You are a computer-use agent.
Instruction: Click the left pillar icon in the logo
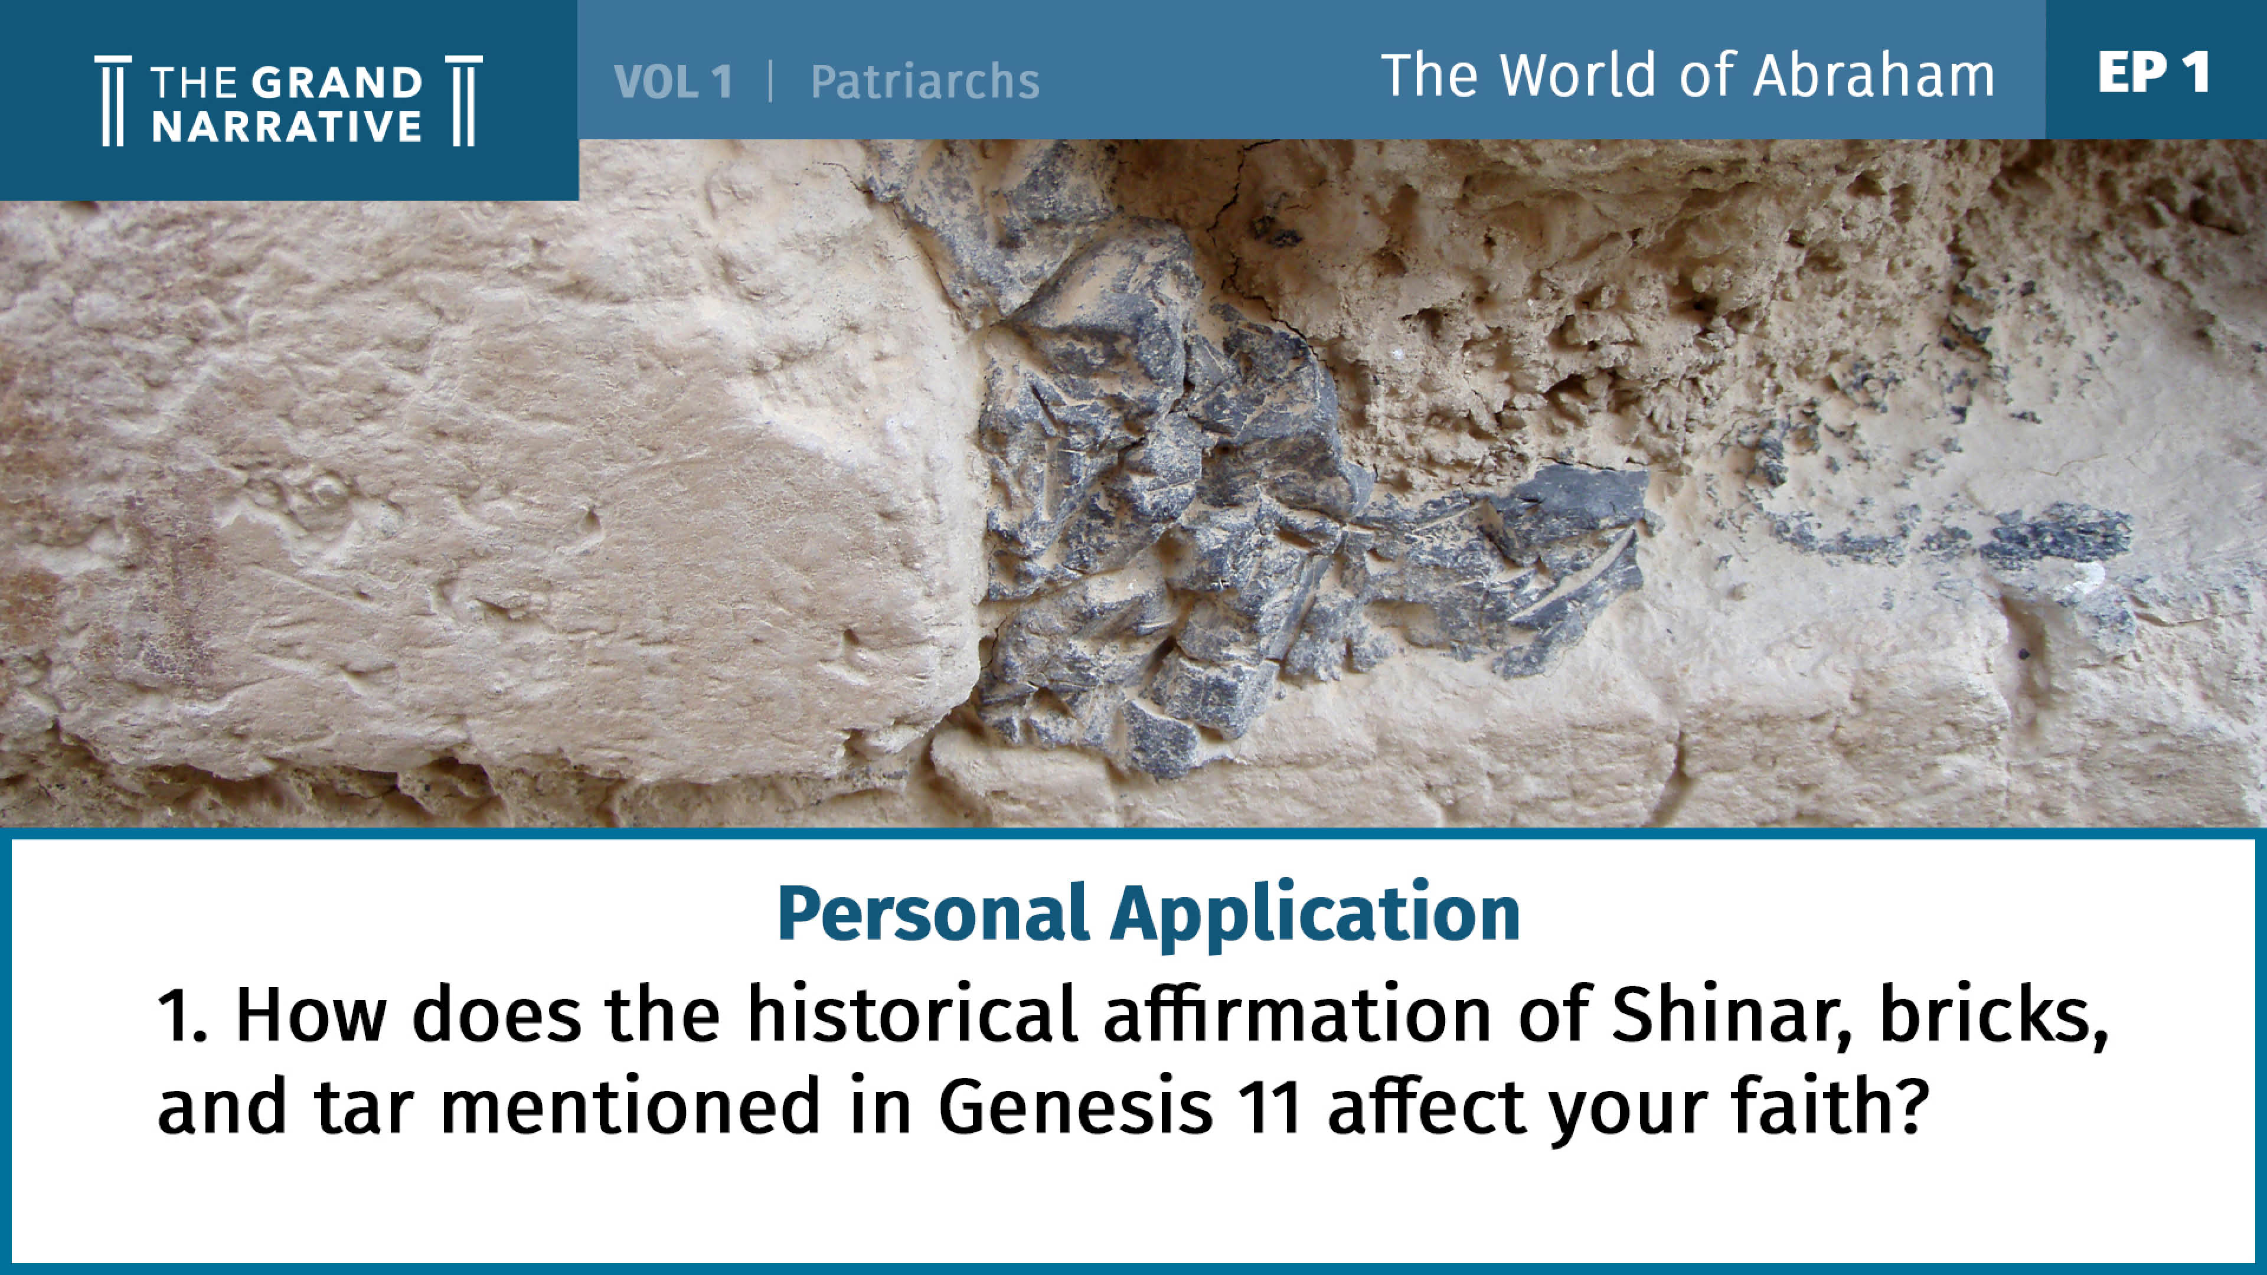pyautogui.click(x=113, y=100)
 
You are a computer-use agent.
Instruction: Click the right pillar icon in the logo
pyautogui.click(x=464, y=100)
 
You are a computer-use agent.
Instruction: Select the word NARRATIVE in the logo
pyautogui.click(x=287, y=127)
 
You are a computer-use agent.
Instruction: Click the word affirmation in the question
pyautogui.click(x=1297, y=1013)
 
